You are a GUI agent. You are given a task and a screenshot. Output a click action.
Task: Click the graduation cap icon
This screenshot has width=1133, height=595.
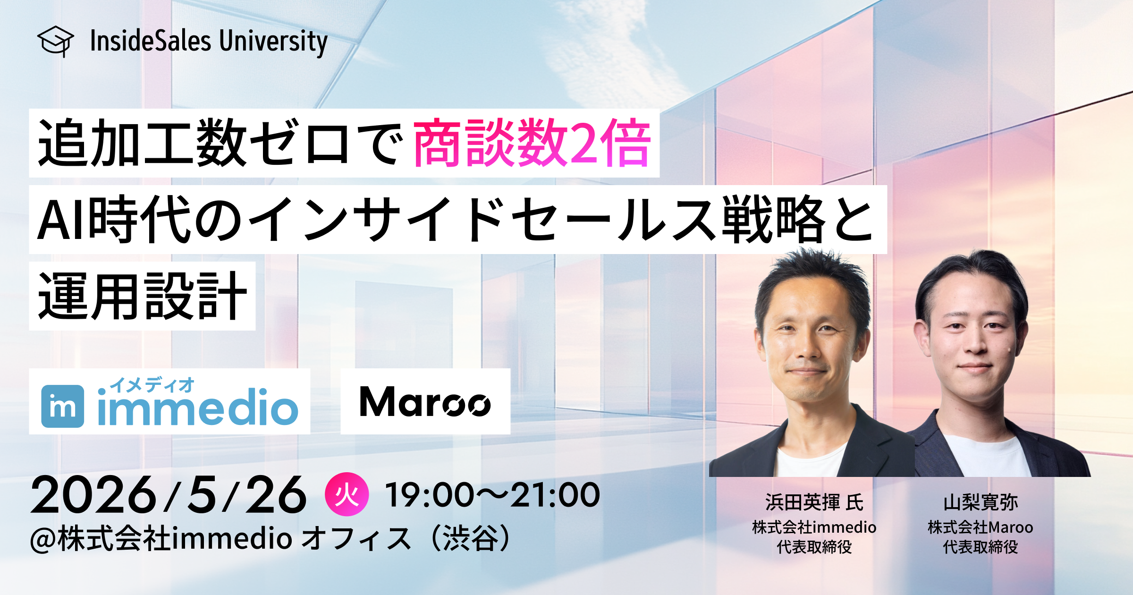click(55, 41)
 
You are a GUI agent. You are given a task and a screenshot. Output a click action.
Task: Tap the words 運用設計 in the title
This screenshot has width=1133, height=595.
click(142, 296)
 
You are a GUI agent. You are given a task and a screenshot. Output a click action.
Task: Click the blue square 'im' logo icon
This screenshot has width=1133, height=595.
click(63, 406)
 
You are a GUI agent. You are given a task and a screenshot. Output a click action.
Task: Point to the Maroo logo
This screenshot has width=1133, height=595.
click(425, 402)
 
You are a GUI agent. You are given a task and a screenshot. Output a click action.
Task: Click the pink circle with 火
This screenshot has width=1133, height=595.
click(347, 494)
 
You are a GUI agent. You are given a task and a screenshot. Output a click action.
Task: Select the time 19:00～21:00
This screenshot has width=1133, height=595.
click(492, 495)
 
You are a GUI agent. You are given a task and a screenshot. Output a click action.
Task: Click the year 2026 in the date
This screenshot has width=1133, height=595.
click(93, 495)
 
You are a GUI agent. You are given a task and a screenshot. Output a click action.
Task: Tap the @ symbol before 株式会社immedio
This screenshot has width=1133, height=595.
click(43, 539)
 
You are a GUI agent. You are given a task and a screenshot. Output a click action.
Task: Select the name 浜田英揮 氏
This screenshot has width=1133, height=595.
click(814, 502)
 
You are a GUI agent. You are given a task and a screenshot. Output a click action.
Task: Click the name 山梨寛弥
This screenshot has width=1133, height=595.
click(981, 502)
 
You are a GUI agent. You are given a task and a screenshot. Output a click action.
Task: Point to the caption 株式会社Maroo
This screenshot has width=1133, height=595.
click(981, 527)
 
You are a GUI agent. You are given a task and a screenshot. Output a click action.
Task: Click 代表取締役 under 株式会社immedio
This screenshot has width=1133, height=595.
click(814, 547)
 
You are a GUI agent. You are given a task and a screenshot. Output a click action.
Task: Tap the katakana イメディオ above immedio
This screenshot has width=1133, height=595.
click(152, 385)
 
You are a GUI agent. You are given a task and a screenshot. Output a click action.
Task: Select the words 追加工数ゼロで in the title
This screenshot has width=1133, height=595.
click(220, 143)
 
